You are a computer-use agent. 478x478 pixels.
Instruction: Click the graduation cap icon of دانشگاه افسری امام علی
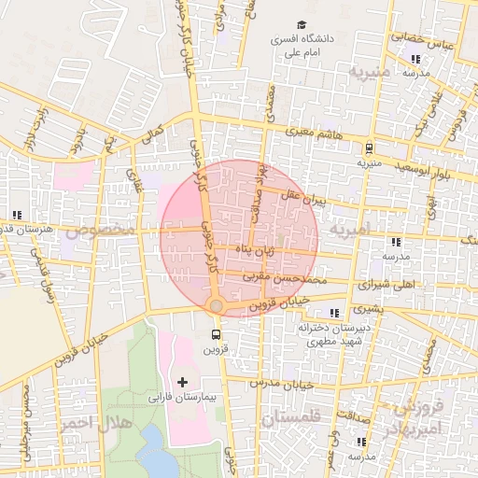point(301,24)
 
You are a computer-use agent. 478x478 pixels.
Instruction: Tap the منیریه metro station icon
point(370,147)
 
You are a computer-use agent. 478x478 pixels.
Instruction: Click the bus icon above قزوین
point(217,334)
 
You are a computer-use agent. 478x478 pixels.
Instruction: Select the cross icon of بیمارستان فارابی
point(181,382)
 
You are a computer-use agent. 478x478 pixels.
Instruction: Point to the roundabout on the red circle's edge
point(216,306)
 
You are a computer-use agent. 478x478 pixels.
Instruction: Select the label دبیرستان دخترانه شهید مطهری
point(335,335)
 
